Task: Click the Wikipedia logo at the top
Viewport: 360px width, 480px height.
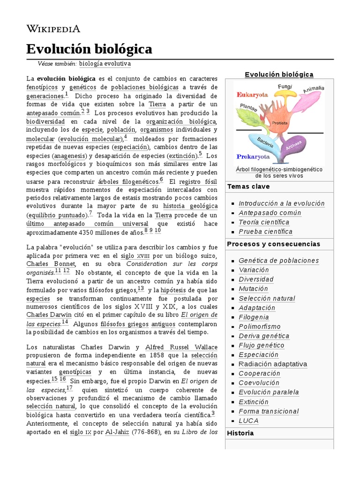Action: point(53,29)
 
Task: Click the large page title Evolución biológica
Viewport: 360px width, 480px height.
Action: point(89,49)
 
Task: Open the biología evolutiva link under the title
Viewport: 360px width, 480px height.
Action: point(105,64)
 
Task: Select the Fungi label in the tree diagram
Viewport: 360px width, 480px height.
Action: point(285,87)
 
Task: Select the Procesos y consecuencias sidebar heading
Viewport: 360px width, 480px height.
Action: point(273,244)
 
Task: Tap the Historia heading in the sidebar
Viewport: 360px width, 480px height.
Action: point(240,433)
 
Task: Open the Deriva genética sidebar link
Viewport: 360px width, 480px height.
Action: point(264,336)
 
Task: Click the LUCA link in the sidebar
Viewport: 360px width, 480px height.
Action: point(248,421)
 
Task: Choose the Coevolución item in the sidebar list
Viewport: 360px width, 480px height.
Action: point(259,383)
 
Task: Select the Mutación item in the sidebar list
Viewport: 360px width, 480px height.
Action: point(253,289)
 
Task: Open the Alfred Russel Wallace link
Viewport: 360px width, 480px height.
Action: point(175,347)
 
